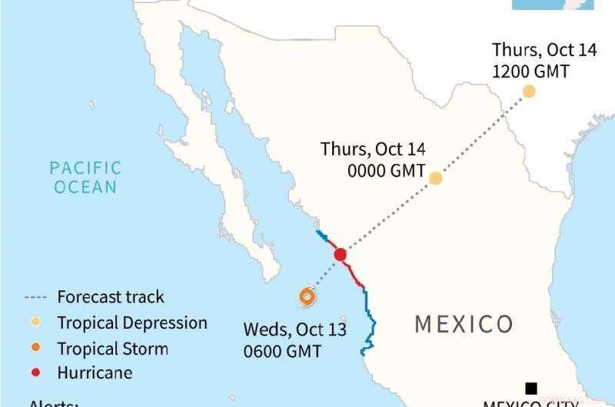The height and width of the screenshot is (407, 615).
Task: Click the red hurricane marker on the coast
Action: (x=341, y=255)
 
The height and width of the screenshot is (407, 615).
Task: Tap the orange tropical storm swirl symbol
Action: (x=307, y=296)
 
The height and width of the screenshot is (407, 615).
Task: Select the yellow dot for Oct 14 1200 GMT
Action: (x=529, y=91)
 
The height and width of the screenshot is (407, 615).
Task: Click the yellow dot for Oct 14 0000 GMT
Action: (x=436, y=178)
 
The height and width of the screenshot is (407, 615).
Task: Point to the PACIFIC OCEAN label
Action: (x=85, y=177)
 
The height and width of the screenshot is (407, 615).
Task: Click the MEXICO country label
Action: (x=464, y=324)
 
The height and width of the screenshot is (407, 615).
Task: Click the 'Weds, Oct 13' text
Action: (x=294, y=329)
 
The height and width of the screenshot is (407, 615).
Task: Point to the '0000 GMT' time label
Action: (x=386, y=170)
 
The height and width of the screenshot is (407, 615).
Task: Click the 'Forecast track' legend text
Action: (x=111, y=297)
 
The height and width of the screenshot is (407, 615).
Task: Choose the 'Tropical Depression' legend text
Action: (x=132, y=323)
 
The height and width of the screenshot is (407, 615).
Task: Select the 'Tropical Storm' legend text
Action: (x=112, y=349)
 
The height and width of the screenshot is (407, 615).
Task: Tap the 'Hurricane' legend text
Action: (x=95, y=373)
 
